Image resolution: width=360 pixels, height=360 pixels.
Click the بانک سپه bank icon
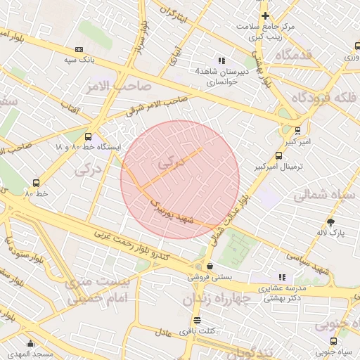coord(79,49)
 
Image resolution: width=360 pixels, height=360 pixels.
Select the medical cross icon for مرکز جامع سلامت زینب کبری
coord(265,15)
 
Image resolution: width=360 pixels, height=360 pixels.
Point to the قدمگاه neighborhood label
coord(302,55)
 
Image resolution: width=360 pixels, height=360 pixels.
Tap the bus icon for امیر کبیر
coord(297,130)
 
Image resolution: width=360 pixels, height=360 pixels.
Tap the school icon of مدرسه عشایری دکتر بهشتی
coord(282,277)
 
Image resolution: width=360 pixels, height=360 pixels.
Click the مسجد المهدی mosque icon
coord(30,344)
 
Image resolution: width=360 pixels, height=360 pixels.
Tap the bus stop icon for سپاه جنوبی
coord(334,340)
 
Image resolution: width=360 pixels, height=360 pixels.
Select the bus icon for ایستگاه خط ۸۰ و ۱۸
coord(88,137)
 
